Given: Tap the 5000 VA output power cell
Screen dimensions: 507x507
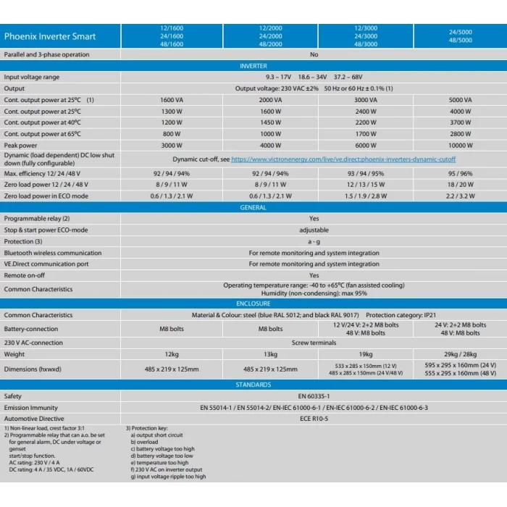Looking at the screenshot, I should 460,100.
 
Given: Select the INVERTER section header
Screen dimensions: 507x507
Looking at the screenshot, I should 253,66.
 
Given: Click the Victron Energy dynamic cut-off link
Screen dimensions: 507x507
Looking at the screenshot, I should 343,159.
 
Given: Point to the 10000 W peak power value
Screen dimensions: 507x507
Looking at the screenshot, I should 460,146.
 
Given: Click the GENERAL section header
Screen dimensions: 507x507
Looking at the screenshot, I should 253,208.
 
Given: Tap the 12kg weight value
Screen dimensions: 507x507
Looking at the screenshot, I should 172,354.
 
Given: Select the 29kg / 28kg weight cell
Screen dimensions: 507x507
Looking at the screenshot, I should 460,354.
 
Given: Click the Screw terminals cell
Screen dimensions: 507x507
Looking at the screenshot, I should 314,343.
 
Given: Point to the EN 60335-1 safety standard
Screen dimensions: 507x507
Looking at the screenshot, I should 314,396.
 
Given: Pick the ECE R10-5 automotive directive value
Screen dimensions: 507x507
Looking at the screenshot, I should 314,419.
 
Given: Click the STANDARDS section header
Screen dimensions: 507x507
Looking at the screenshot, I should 253,385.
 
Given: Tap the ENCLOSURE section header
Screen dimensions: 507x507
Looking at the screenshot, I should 253,303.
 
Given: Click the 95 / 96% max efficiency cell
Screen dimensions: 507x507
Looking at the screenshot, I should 460,174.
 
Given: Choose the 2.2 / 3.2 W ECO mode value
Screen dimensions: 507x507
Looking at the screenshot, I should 460,196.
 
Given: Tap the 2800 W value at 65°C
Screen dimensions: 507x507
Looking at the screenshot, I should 460,134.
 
